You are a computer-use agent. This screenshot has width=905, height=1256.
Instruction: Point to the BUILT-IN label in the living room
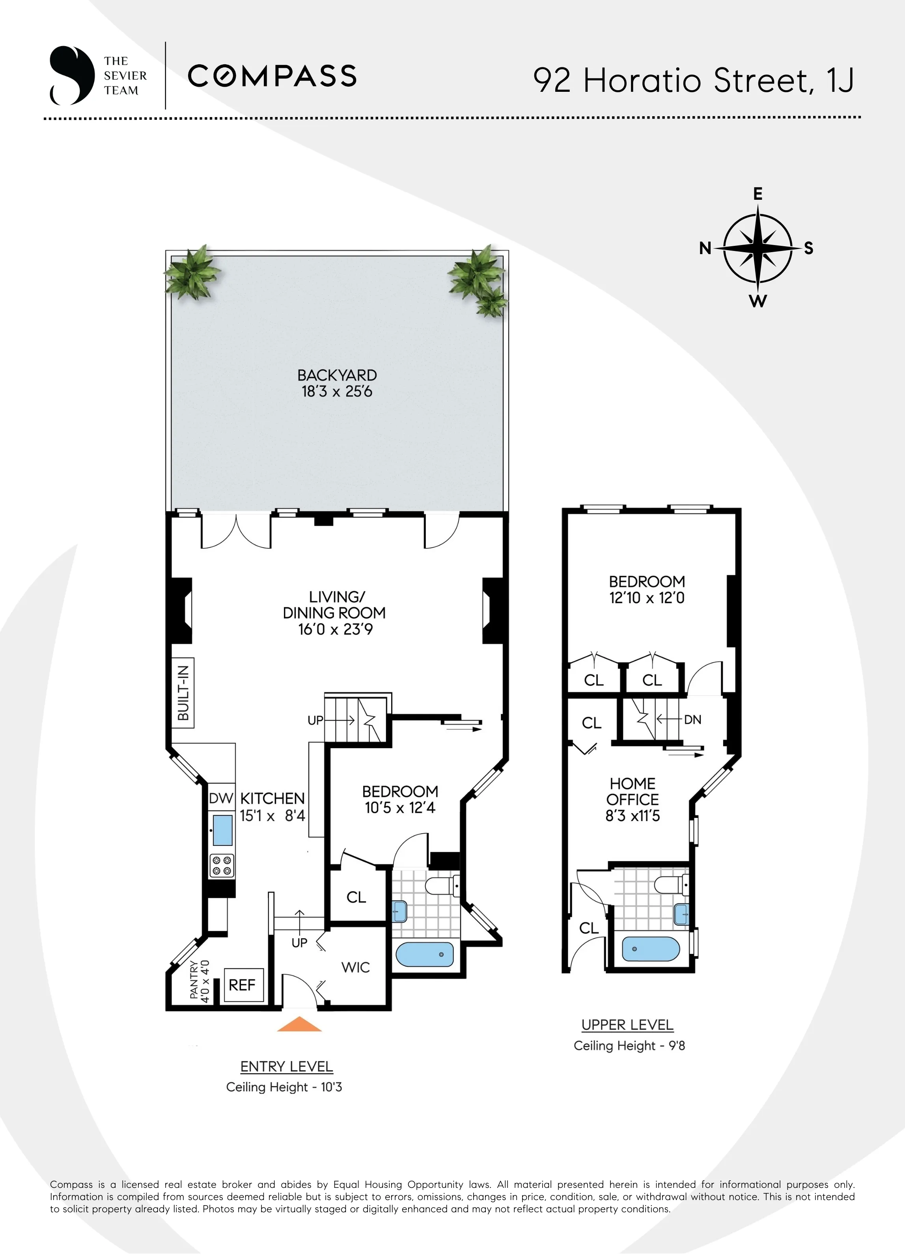coord(183,693)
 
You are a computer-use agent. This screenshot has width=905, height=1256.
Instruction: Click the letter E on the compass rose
coord(758,194)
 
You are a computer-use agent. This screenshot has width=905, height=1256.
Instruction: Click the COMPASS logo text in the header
coord(272,76)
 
